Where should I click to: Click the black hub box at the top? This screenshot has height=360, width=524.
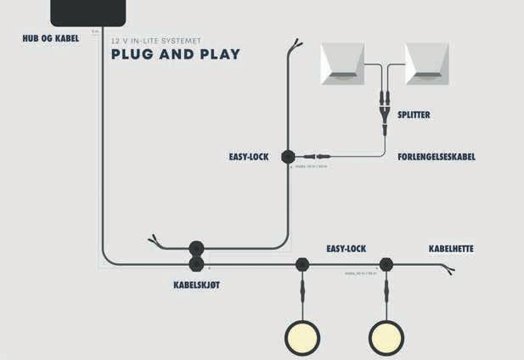pos(88,12)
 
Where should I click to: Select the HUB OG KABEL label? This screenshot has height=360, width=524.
pos(50,38)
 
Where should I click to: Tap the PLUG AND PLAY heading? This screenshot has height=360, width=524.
pos(175,55)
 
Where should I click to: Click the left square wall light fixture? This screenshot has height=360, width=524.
pos(341,65)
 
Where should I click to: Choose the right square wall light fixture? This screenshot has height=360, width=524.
pos(427,65)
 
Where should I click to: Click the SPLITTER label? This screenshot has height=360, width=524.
pos(414,115)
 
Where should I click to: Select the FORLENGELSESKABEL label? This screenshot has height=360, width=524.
pos(437,157)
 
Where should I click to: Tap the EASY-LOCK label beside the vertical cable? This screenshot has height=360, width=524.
pos(249,157)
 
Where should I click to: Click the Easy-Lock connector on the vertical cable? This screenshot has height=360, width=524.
pos(287,157)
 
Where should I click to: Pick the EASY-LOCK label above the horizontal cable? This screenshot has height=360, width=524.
pos(346,249)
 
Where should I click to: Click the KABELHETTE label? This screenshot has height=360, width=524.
pos(451,249)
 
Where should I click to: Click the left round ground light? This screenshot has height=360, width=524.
pos(302,337)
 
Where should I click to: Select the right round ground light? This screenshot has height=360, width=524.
pos(386,337)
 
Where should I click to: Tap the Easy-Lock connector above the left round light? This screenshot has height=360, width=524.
pos(302,264)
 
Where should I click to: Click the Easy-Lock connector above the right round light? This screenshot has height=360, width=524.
pos(386,264)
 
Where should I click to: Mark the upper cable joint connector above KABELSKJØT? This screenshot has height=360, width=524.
pos(196,249)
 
